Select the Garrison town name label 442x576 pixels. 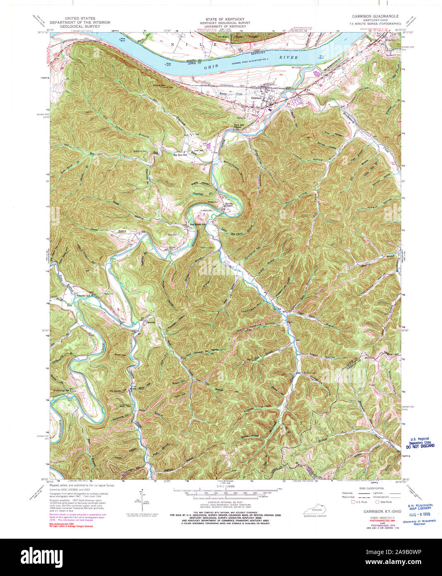point(257,98)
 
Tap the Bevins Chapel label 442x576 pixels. point(229,204)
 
